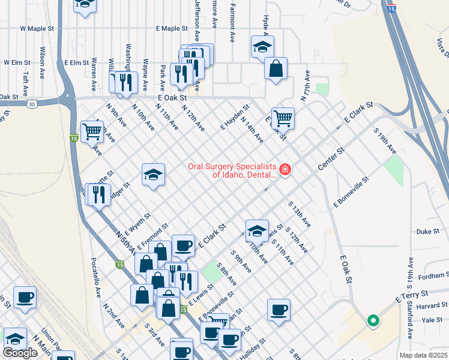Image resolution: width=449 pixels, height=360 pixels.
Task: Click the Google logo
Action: click(20, 353)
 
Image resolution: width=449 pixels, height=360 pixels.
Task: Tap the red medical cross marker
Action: click(284, 170)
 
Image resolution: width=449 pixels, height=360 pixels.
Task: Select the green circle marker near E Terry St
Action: click(373, 321)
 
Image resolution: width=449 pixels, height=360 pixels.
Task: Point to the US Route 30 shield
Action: click(31, 104)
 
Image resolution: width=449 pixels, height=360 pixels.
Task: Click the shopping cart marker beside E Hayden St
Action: click(282, 118)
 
